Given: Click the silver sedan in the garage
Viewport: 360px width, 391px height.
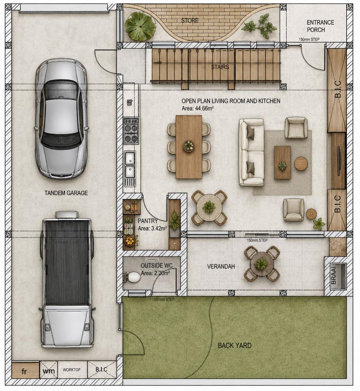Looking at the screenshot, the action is (61, 119).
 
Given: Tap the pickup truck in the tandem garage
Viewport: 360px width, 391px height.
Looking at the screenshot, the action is (67, 280).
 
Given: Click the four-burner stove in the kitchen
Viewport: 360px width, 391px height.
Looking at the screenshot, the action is (131, 131).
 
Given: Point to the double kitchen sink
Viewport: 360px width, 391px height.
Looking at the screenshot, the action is (130, 165).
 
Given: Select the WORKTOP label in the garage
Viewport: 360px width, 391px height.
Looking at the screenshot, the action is (72, 370).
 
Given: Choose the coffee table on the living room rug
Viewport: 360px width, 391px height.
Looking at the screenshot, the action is (282, 163).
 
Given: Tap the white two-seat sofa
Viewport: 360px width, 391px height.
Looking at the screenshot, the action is (251, 152).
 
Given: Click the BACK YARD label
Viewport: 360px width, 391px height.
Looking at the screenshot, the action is (235, 345).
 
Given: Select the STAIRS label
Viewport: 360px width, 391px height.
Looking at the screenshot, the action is (220, 67).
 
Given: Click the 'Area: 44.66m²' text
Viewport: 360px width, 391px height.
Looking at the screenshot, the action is (197, 109).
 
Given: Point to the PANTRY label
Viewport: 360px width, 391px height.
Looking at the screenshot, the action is (148, 221).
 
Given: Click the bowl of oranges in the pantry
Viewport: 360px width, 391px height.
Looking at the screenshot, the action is (130, 241).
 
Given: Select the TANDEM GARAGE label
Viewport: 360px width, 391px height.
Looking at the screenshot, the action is (66, 193).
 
